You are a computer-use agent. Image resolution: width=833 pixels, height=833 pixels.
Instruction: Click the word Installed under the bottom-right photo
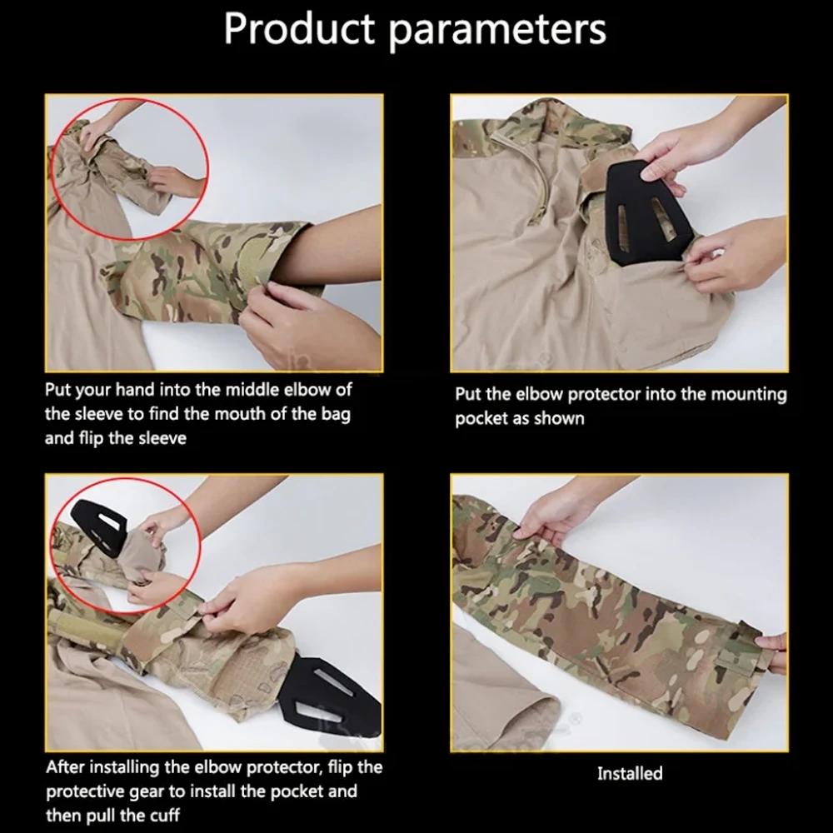point(629,774)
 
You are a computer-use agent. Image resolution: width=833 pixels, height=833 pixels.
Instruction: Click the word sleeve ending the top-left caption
point(159,437)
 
